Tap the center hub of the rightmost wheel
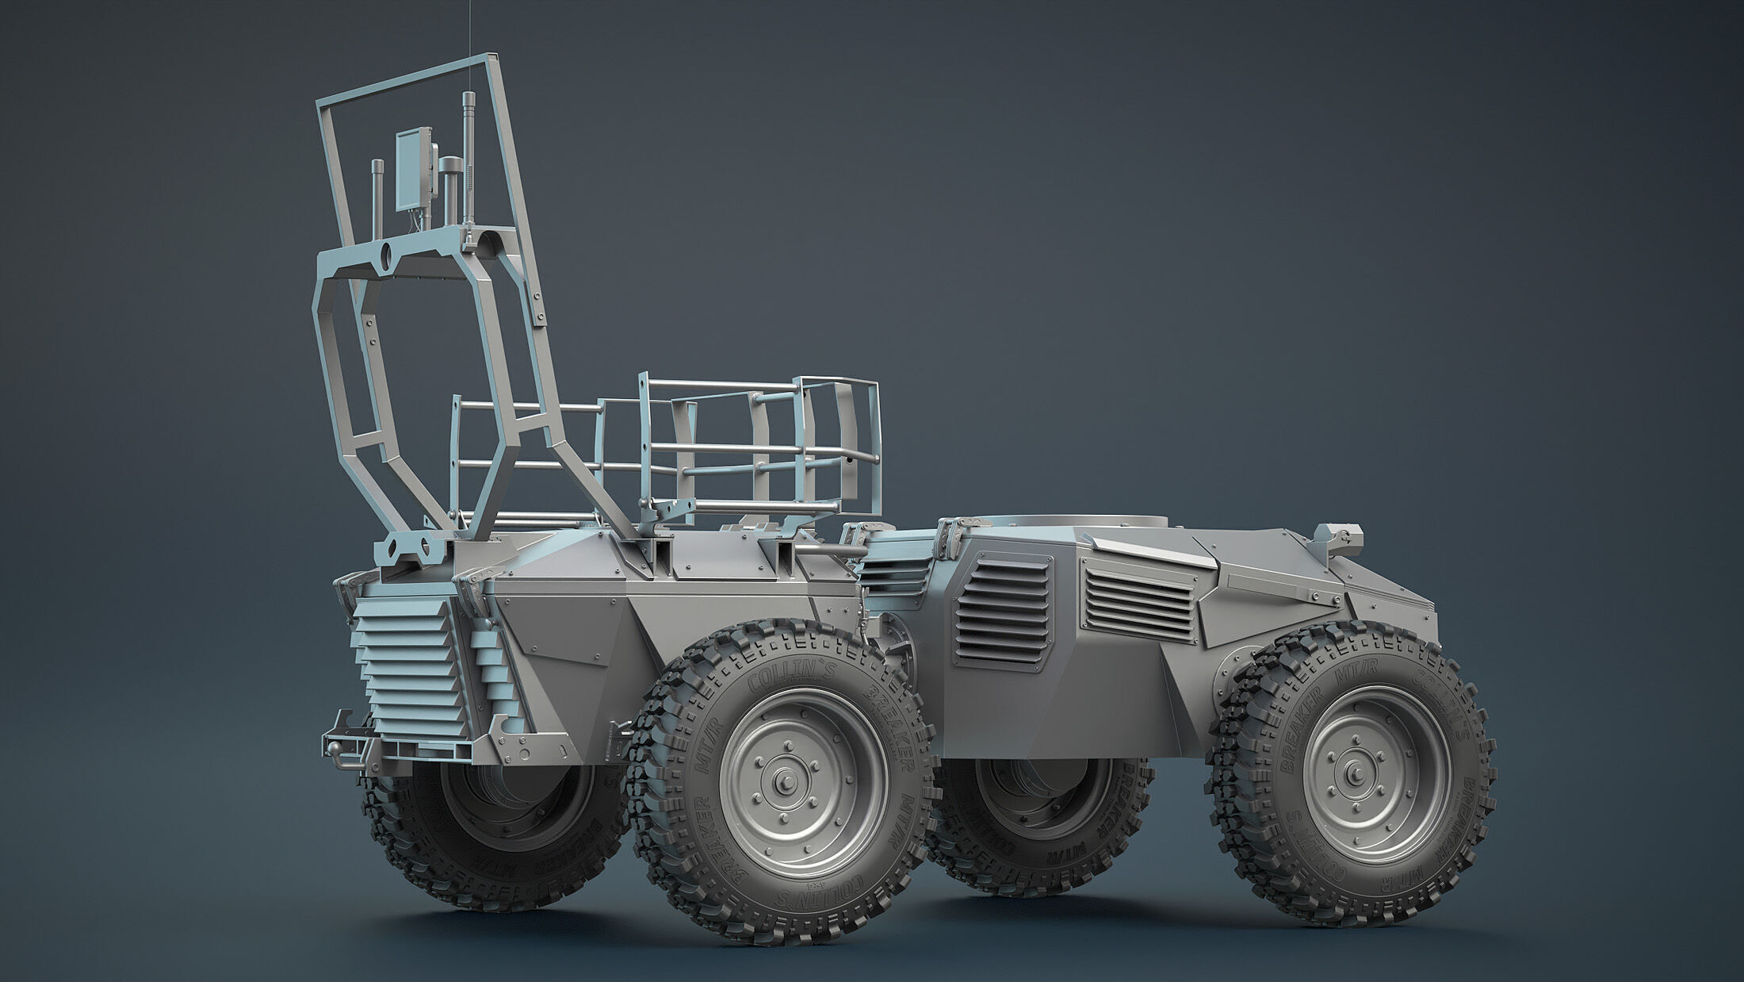tap(1356, 767)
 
